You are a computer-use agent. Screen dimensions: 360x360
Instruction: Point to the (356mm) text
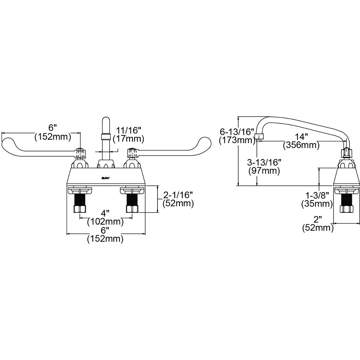click(x=301, y=145)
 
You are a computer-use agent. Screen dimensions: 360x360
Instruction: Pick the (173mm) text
click(x=237, y=140)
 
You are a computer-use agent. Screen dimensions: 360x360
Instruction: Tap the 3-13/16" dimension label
click(x=264, y=163)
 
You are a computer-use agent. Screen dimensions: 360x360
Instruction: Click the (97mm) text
click(x=264, y=171)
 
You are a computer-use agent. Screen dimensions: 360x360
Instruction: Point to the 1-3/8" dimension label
click(x=317, y=196)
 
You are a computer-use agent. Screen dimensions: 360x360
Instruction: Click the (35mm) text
click(x=317, y=204)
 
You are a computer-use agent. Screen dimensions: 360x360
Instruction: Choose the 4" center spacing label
click(x=105, y=213)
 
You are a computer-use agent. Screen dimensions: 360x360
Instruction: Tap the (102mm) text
click(x=105, y=222)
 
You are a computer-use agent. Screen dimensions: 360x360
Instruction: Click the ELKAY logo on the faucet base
click(x=106, y=178)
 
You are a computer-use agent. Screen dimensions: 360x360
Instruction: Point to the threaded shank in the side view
click(x=347, y=199)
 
